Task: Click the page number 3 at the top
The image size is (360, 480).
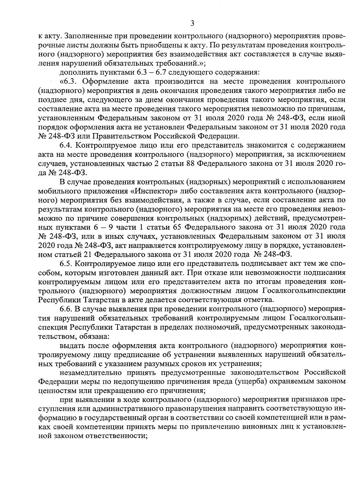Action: [192, 23]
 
